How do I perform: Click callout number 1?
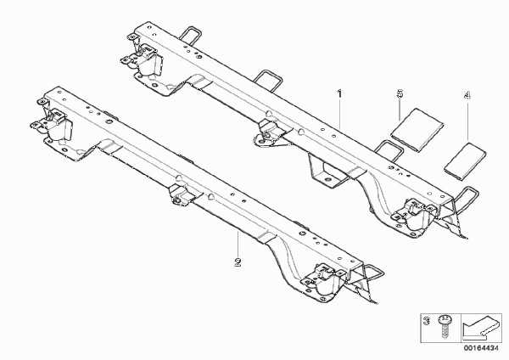pos(339,94)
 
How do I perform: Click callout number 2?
pos(238,262)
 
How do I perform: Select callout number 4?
pos(467,96)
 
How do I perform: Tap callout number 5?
pos(400,93)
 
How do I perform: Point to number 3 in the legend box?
pos(428,321)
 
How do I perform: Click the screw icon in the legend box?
pos(444,327)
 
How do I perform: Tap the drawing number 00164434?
pos(481,348)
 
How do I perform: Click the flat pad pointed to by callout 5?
pos(417,130)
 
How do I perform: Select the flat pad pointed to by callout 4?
pos(465,160)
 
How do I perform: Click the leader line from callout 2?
pos(238,245)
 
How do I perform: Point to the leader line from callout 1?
pos(340,114)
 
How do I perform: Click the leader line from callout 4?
pos(467,121)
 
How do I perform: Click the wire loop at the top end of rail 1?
pos(190,34)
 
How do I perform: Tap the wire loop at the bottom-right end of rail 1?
pos(467,197)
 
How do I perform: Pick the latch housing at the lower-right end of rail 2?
pos(327,280)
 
